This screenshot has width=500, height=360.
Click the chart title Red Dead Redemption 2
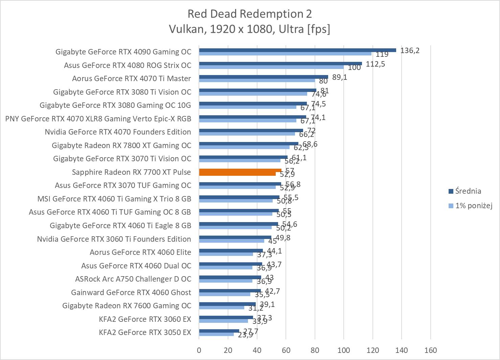tap(250, 14)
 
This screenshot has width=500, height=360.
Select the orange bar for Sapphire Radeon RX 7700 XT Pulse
tap(240, 171)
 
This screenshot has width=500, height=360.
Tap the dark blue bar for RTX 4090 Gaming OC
tap(297, 50)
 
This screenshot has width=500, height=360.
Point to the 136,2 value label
tap(410, 50)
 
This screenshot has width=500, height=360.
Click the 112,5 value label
tap(376, 64)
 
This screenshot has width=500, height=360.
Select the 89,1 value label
tap(340, 77)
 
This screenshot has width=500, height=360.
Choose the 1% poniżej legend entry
tap(473, 206)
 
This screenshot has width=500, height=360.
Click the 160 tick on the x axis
tap(430, 350)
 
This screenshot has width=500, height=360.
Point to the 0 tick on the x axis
tap(199, 350)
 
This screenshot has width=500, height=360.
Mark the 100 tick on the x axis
tap(344, 350)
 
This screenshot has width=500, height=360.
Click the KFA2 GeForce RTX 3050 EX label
tap(145, 332)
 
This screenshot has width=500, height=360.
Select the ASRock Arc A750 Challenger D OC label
tap(133, 279)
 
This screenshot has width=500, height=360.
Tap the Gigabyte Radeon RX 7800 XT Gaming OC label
tap(121, 145)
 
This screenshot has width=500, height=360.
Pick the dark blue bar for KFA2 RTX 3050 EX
tap(219, 331)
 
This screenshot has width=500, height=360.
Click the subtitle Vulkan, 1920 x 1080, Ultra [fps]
tap(250, 29)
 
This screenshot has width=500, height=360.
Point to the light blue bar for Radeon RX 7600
tap(222, 307)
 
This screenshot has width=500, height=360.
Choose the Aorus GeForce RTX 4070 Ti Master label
tap(132, 78)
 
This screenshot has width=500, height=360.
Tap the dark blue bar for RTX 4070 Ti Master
tap(264, 77)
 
